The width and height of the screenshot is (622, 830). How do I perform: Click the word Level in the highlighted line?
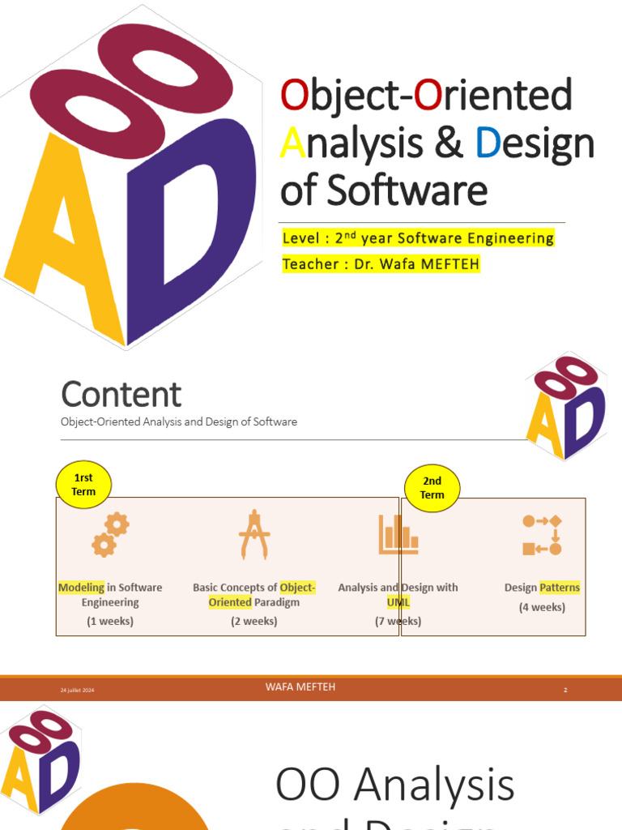tap(301, 238)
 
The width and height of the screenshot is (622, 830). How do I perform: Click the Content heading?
tap(121, 395)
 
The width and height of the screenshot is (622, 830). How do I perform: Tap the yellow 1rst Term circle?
tap(83, 486)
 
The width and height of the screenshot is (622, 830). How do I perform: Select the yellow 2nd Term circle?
tap(432, 488)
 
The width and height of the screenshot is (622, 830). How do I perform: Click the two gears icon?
tap(110, 535)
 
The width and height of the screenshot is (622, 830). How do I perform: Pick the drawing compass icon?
tap(253, 534)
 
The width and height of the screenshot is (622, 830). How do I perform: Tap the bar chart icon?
tap(398, 535)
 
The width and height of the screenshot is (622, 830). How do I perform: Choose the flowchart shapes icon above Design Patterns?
tap(542, 535)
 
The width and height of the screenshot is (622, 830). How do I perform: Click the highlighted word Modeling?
tap(81, 588)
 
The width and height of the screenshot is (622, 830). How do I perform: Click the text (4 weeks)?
tap(542, 607)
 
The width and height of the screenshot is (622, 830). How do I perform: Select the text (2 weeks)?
tap(253, 621)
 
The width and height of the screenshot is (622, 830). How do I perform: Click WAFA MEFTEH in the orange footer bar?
tap(300, 687)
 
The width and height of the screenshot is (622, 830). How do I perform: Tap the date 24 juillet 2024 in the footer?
tap(78, 690)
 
